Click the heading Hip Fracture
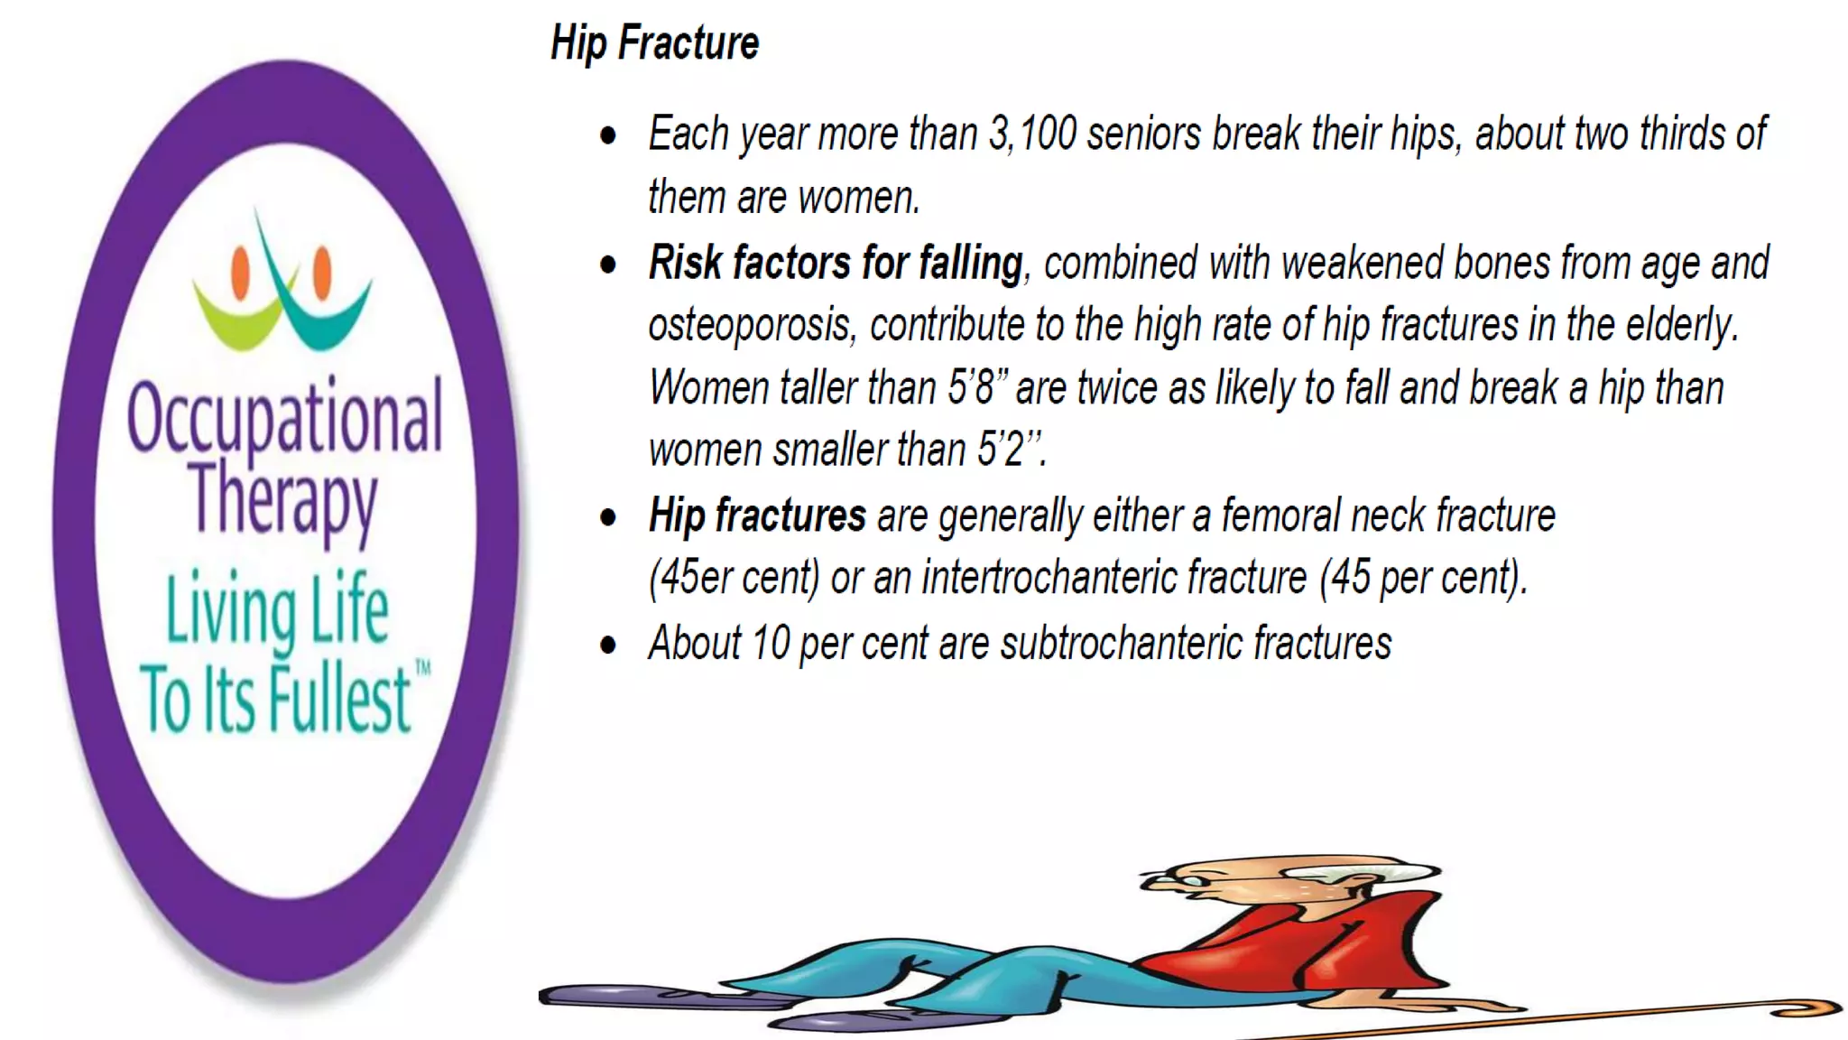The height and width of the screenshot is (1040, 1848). click(654, 43)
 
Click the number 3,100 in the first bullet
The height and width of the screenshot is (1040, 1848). click(1032, 134)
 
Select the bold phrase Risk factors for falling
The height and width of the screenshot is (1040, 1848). click(835, 264)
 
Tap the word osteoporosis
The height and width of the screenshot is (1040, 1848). click(750, 325)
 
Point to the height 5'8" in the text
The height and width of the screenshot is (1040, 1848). click(976, 388)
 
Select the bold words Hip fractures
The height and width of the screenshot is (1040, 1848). click(757, 515)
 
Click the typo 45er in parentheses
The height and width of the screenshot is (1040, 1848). click(696, 578)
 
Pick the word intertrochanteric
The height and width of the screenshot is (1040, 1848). click(1113, 578)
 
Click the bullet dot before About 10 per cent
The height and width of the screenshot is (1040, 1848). click(608, 645)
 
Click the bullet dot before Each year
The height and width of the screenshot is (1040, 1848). click(608, 136)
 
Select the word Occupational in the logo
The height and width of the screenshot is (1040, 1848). click(284, 417)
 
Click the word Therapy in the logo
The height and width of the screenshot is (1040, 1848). click(282, 498)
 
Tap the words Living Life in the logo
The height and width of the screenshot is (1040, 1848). click(277, 609)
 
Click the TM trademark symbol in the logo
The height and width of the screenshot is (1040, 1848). click(422, 668)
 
